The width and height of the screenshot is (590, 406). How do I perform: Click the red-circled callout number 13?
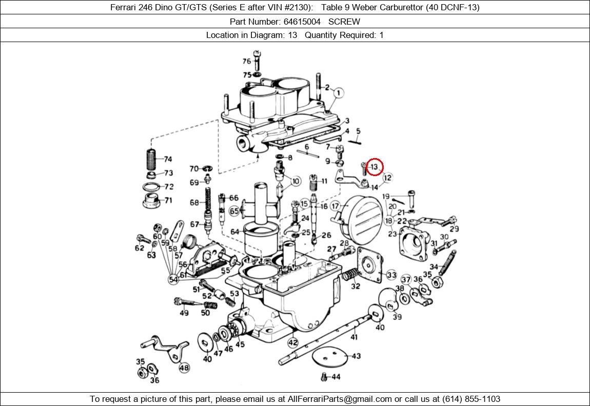[x=375, y=167]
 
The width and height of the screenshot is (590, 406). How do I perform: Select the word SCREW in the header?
[x=344, y=22]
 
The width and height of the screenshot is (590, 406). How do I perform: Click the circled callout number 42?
[x=292, y=342]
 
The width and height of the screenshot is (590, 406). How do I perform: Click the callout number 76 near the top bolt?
[x=247, y=62]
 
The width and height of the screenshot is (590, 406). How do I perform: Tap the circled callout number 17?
[x=335, y=206]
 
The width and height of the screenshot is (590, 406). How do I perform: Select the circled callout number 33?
[x=391, y=275]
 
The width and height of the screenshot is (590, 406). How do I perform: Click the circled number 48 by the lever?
[x=184, y=368]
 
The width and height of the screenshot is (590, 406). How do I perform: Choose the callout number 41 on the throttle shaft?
[x=354, y=337]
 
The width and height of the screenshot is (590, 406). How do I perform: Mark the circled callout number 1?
[x=338, y=93]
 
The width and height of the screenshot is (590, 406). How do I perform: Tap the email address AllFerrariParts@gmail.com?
[x=340, y=399]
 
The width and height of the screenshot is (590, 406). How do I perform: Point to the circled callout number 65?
[x=234, y=211]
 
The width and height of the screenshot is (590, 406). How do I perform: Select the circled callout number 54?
[x=173, y=280]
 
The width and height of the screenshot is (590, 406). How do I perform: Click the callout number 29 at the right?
[x=454, y=229]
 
